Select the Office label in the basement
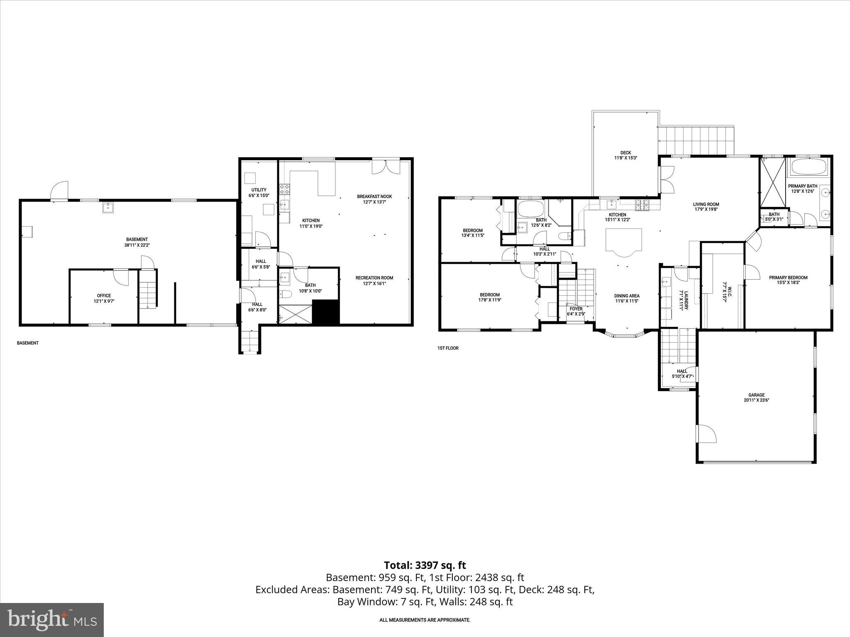(104, 298)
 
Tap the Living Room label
(706, 207)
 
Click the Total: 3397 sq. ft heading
(425, 565)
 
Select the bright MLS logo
(52, 620)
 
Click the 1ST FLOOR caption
(448, 348)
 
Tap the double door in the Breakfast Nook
(386, 166)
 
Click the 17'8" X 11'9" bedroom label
(490, 297)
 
